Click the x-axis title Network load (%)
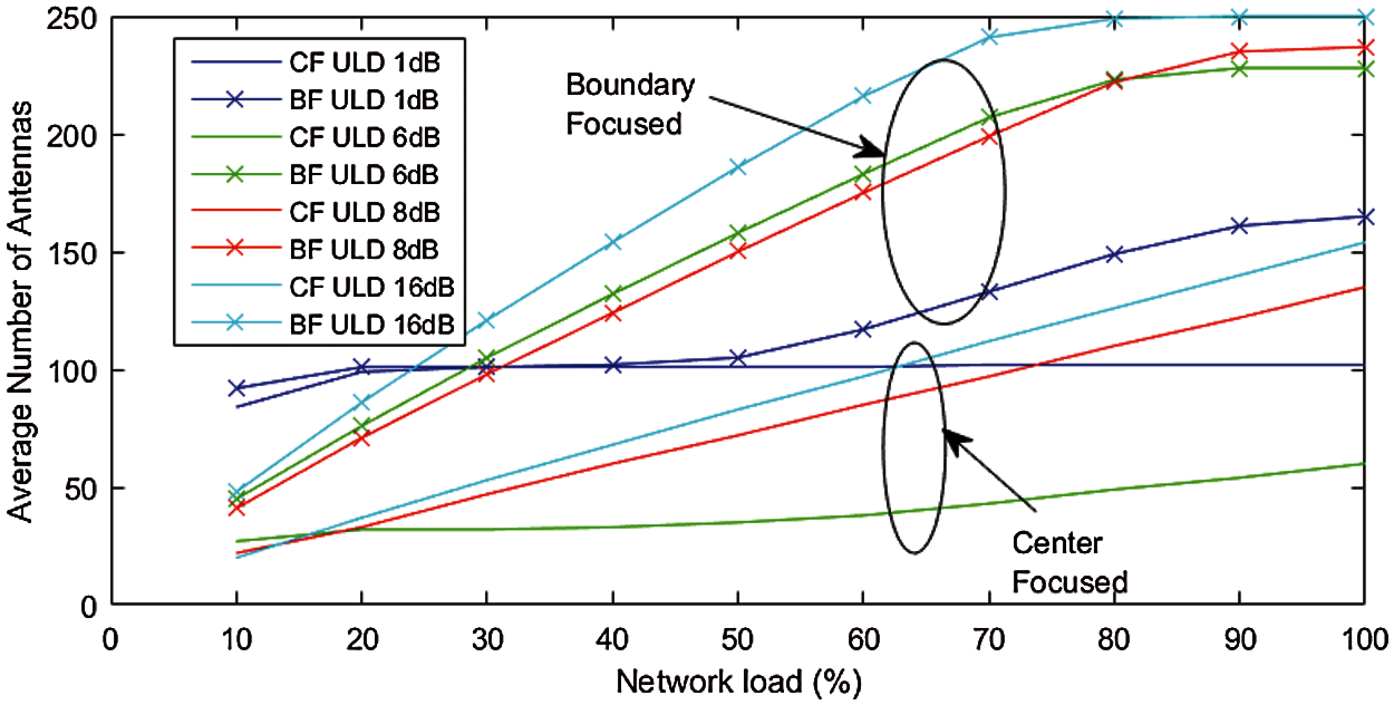738,682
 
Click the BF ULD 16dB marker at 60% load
863,95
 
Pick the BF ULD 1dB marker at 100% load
1364,217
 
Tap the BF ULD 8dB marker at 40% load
612,313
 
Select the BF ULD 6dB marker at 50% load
738,233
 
